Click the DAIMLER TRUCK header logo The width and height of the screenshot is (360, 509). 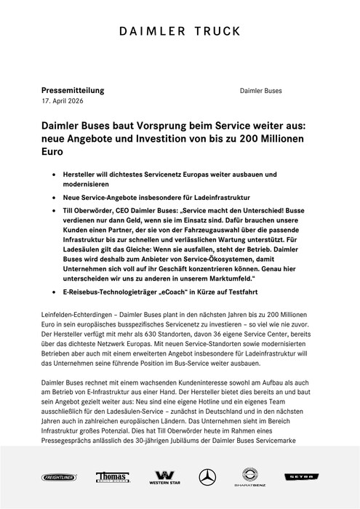coord(180,33)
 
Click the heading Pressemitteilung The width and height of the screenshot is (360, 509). coord(73,90)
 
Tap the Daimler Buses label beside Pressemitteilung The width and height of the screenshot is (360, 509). coord(261,91)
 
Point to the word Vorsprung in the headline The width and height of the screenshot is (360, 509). coord(167,127)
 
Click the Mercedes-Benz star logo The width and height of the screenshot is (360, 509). coord(208,476)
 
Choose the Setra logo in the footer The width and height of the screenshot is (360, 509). coord(314,476)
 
